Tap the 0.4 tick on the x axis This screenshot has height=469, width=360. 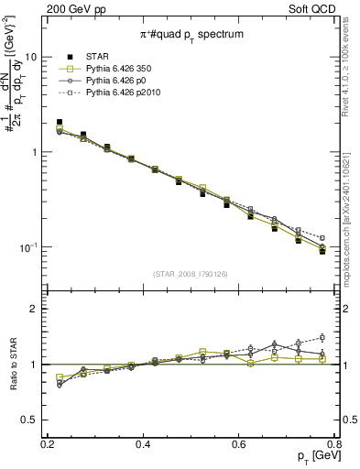pyautogui.click(x=143, y=444)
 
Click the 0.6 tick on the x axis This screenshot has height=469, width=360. pyautogui.click(x=238, y=444)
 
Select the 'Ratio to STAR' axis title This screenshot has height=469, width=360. pyautogui.click(x=11, y=364)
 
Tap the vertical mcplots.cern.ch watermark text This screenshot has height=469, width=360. pyautogui.click(x=347, y=210)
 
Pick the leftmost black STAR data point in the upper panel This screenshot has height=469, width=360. pyautogui.click(x=60, y=122)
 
